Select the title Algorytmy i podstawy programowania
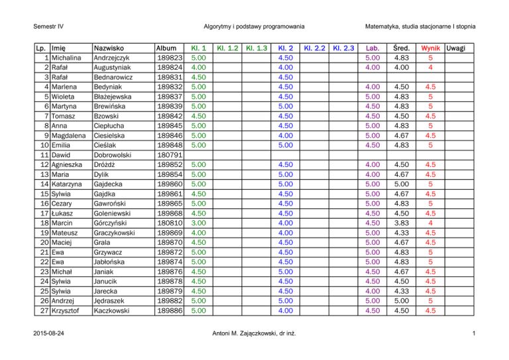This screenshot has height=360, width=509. (x=254, y=27)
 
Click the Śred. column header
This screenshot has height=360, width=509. (x=401, y=48)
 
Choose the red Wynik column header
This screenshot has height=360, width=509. (x=430, y=48)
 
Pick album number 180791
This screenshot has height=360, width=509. (x=168, y=155)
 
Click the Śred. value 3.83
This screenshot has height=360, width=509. (x=401, y=223)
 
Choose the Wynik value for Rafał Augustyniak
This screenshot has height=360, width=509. (x=430, y=68)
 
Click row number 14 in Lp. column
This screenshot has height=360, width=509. (x=41, y=184)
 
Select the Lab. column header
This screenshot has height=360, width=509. (x=372, y=48)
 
